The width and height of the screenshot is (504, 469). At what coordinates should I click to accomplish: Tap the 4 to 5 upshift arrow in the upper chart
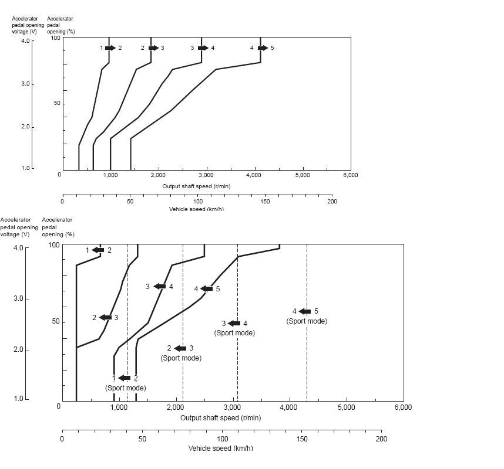tap(262, 48)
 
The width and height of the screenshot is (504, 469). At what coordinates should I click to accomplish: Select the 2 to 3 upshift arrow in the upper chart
tap(153, 48)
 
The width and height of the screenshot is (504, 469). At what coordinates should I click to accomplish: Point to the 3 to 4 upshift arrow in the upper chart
tap(203, 48)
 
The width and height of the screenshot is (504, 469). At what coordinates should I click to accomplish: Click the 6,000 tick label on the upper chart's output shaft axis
tap(350, 175)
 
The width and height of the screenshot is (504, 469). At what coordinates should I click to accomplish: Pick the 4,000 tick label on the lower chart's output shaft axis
tap(289, 407)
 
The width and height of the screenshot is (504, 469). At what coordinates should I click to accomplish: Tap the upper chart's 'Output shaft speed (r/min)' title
tap(196, 186)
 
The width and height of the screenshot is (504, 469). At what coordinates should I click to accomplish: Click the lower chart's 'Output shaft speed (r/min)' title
tap(220, 418)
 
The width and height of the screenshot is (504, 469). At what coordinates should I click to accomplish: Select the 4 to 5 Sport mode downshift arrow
tap(305, 312)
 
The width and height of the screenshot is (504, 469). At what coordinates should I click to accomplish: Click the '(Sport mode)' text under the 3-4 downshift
tap(234, 333)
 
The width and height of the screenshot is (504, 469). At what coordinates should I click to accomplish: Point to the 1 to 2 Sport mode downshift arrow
tap(125, 378)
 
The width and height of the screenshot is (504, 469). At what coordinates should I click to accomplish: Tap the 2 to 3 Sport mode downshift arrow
tap(180, 349)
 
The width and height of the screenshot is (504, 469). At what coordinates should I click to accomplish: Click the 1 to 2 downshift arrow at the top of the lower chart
tap(98, 250)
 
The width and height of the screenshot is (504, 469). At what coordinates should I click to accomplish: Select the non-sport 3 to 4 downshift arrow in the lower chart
tap(159, 287)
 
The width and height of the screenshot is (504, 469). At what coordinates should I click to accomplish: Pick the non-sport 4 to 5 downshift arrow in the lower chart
tap(206, 289)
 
